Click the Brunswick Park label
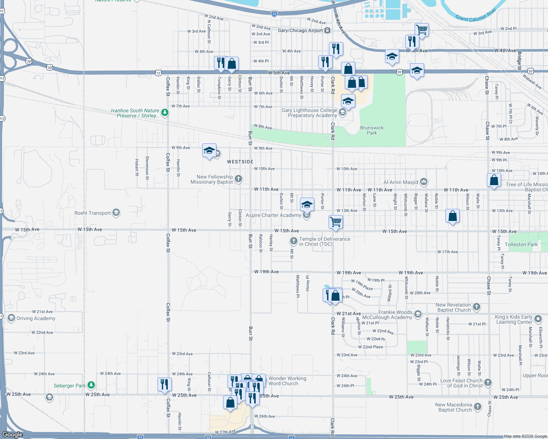[372, 130]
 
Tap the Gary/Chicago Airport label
[300, 30]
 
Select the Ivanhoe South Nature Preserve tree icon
[165, 112]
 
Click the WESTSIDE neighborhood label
[240, 162]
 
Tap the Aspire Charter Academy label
[273, 215]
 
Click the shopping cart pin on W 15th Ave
[336, 222]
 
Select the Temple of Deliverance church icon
[293, 241]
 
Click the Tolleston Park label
[521, 244]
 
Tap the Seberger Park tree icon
[91, 385]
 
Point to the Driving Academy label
[36, 318]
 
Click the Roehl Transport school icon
[116, 213]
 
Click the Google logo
[12, 434]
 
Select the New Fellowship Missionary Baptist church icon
[238, 179]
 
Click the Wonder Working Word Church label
[287, 381]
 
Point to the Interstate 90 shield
[274, 14]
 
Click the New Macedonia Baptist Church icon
[477, 406]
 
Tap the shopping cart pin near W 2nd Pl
[422, 30]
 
